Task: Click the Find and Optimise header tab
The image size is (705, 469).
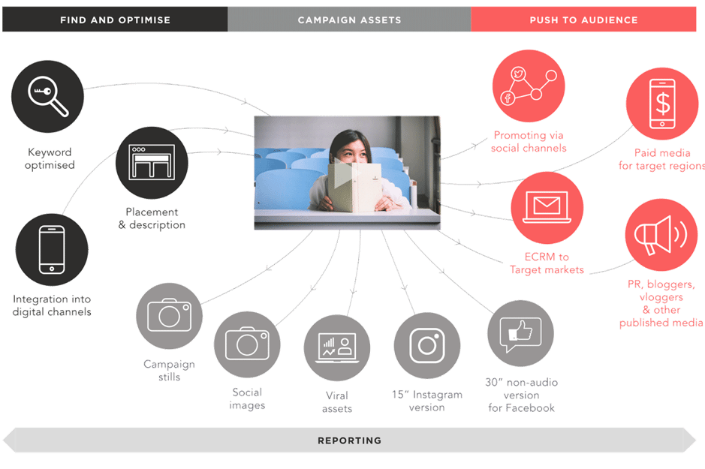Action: click(x=115, y=20)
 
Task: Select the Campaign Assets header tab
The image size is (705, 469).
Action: click(x=349, y=20)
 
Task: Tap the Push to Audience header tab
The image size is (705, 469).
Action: click(x=583, y=20)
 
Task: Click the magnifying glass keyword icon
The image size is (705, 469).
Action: click(x=48, y=97)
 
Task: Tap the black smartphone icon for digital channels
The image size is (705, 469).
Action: click(x=52, y=250)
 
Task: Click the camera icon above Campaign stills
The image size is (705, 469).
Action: click(x=169, y=316)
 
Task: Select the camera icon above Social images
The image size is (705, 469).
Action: click(x=247, y=344)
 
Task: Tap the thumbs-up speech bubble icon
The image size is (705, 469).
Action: click(x=520, y=332)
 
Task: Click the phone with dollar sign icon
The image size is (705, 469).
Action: click(x=661, y=105)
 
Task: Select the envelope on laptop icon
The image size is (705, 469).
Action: click(x=547, y=207)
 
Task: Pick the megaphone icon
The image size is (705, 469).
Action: click(x=661, y=235)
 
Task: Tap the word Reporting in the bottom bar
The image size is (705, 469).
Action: click(x=349, y=440)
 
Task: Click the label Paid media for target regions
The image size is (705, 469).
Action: click(x=661, y=159)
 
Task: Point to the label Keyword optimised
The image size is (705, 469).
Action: click(x=50, y=158)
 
